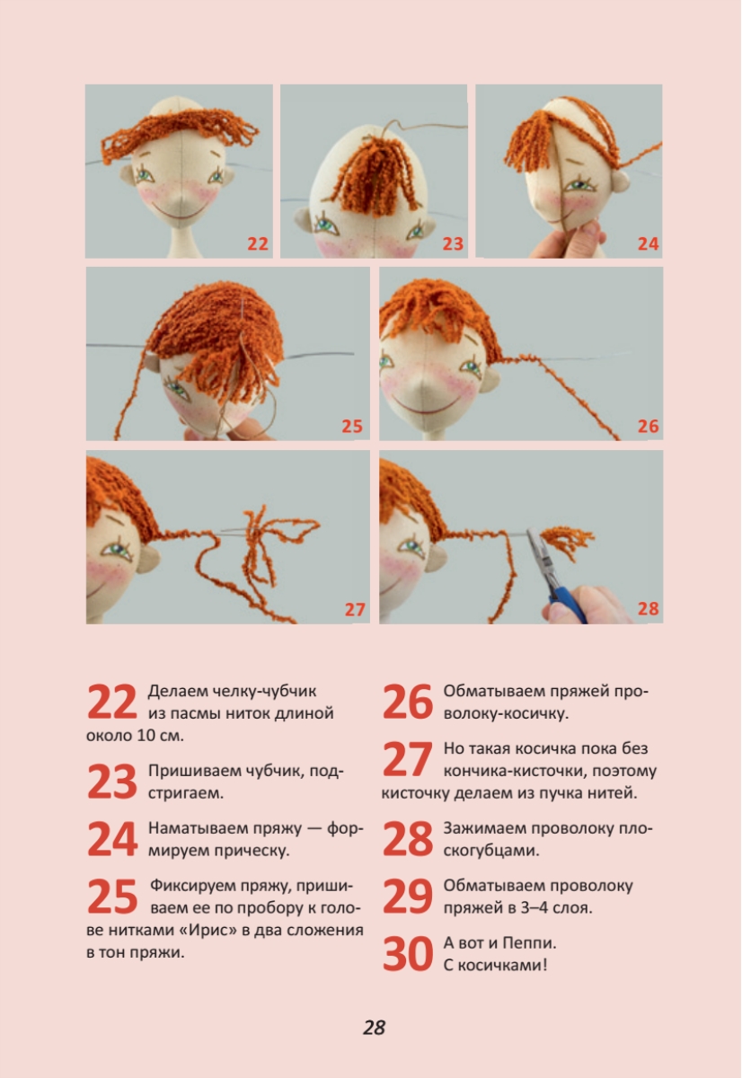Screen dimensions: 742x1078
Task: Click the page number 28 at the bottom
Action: (374, 1027)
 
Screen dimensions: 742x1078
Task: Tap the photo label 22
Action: (258, 244)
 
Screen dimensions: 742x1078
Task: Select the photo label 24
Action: (648, 244)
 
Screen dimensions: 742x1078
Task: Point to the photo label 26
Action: (648, 426)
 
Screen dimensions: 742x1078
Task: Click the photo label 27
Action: (355, 610)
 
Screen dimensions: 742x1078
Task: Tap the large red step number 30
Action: (408, 954)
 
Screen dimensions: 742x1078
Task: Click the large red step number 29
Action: (408, 897)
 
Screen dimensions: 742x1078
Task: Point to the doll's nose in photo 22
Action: (180, 199)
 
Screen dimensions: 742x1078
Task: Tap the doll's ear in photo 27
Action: (148, 561)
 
